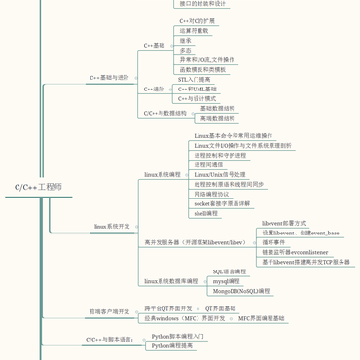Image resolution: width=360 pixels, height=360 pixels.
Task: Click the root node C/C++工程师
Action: point(38,185)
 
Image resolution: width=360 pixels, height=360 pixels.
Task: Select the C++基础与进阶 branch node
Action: point(109,77)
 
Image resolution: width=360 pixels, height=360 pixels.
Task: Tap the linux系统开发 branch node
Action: point(112,226)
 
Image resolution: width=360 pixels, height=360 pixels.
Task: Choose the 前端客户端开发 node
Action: point(109,312)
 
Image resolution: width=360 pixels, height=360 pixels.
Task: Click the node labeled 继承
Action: point(186,41)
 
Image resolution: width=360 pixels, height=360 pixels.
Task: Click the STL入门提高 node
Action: point(194,80)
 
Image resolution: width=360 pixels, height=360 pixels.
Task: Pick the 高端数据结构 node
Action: point(217,118)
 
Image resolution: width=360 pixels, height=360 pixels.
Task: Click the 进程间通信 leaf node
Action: point(213,164)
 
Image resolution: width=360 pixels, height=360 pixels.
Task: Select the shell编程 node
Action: point(206,212)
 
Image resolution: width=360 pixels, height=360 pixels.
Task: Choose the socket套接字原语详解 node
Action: point(222,203)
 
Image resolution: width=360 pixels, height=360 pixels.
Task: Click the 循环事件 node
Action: point(274,242)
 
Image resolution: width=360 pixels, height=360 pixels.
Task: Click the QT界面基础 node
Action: point(220,307)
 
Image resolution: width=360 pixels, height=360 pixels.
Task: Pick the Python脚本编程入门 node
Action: point(178,336)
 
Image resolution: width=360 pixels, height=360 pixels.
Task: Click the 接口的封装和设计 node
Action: point(203,4)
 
